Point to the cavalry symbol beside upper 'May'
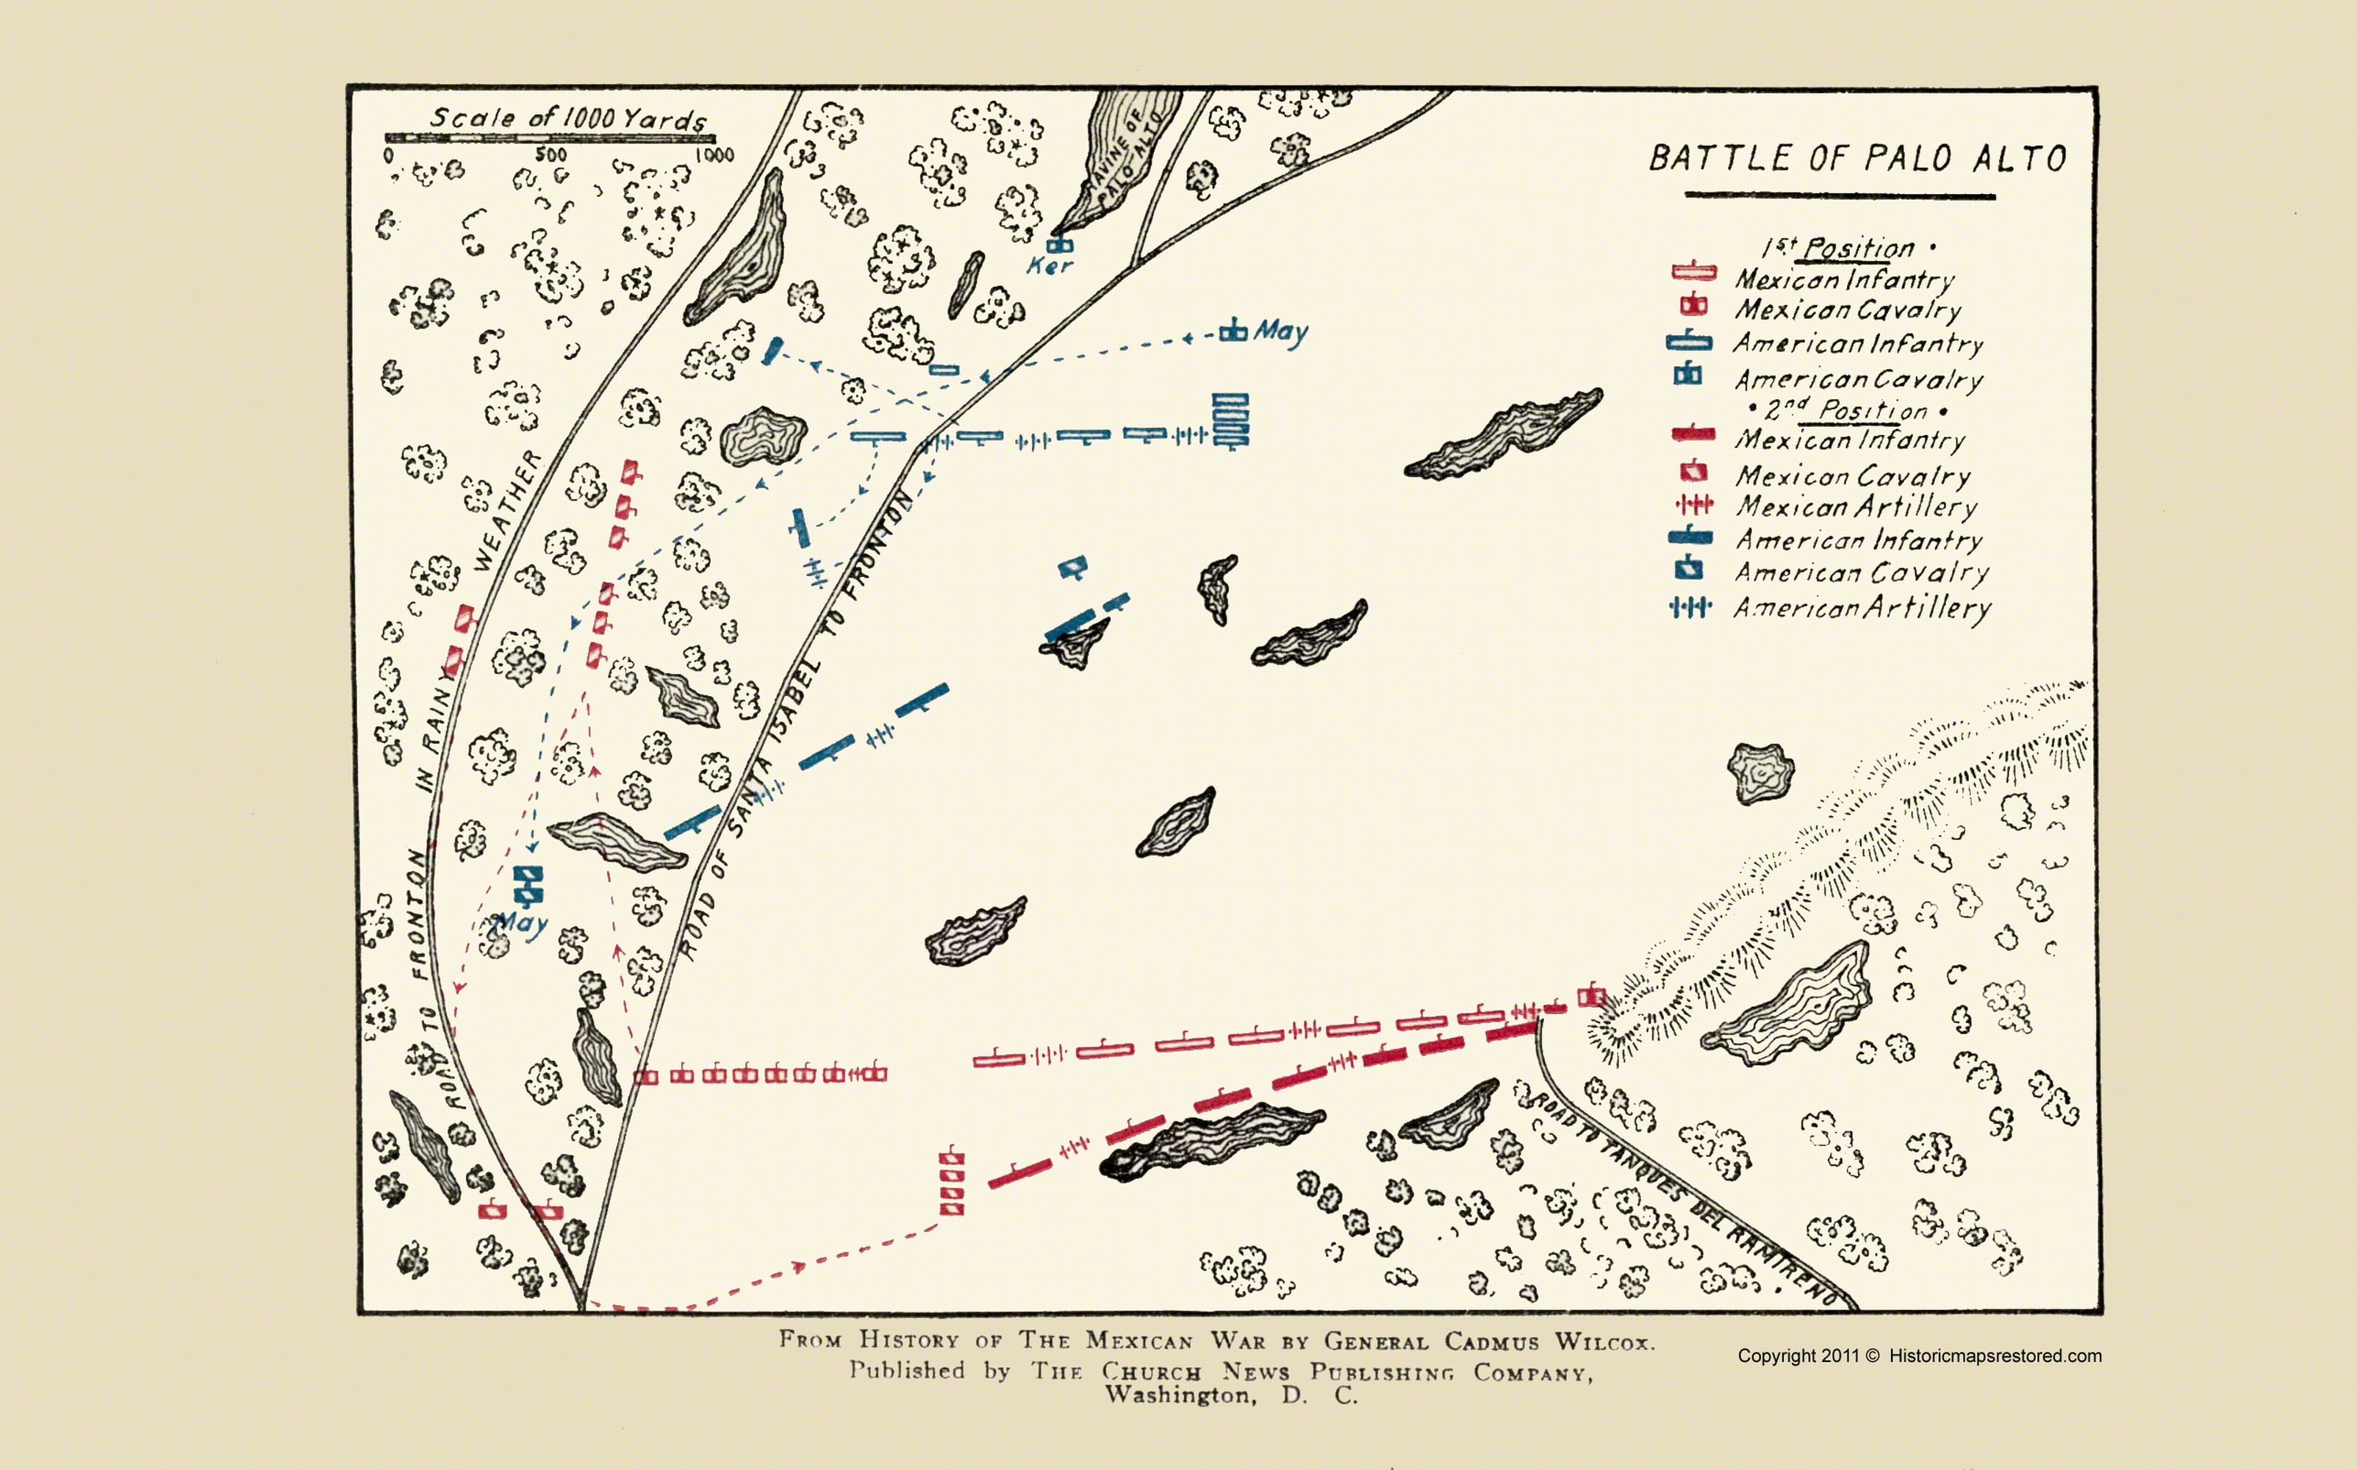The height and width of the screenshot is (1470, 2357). pos(1233,331)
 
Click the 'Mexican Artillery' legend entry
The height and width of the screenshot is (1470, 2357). pos(1856,506)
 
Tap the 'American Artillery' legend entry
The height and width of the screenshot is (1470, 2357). pos(1862,609)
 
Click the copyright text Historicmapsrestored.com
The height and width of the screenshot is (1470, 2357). pos(1995,1355)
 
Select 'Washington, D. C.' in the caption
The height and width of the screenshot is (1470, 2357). pos(1230,1396)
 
